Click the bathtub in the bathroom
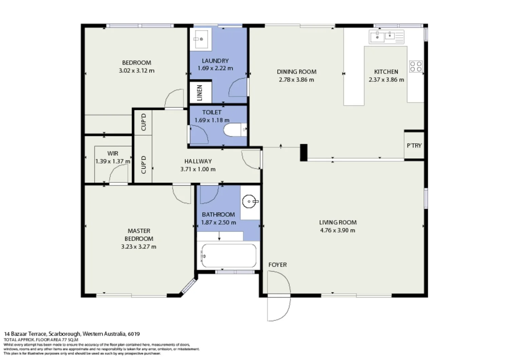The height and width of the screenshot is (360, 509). pyautogui.click(x=228, y=256)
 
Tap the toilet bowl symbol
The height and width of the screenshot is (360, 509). pyautogui.click(x=234, y=129)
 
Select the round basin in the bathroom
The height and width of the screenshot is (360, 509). pyautogui.click(x=249, y=201)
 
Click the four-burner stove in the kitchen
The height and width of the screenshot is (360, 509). pyautogui.click(x=416, y=66)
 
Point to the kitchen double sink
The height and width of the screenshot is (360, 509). pyautogui.click(x=383, y=36)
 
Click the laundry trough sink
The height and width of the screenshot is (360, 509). pyautogui.click(x=201, y=39)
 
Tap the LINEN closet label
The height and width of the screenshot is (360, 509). pyautogui.click(x=200, y=92)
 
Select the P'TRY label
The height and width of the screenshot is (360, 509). pyautogui.click(x=414, y=145)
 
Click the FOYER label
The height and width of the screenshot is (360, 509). pyautogui.click(x=277, y=265)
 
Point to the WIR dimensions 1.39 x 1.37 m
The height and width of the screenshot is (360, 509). pyautogui.click(x=113, y=161)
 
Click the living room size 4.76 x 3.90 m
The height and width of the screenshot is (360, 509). pyautogui.click(x=338, y=230)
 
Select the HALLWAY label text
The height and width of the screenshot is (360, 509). pyautogui.click(x=198, y=161)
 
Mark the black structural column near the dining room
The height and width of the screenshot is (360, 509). pyautogui.click(x=303, y=152)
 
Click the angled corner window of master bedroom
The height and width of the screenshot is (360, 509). pyautogui.click(x=189, y=286)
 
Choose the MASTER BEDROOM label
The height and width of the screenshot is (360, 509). pyautogui.click(x=139, y=235)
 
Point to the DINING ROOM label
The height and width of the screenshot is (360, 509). pyautogui.click(x=297, y=72)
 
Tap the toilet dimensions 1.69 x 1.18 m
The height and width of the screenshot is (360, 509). pyautogui.click(x=212, y=120)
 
